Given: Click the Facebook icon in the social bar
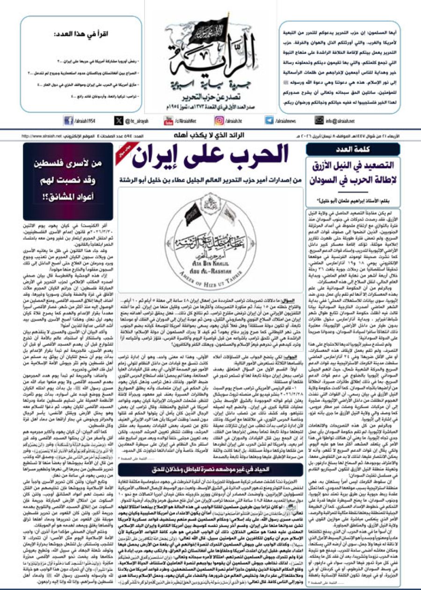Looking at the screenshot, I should pos(68,120).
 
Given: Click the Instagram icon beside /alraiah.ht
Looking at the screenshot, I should pos(219,120).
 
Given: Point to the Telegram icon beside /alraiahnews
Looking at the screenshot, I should pos(269,120).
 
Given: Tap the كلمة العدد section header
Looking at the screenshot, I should pos(353,149).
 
